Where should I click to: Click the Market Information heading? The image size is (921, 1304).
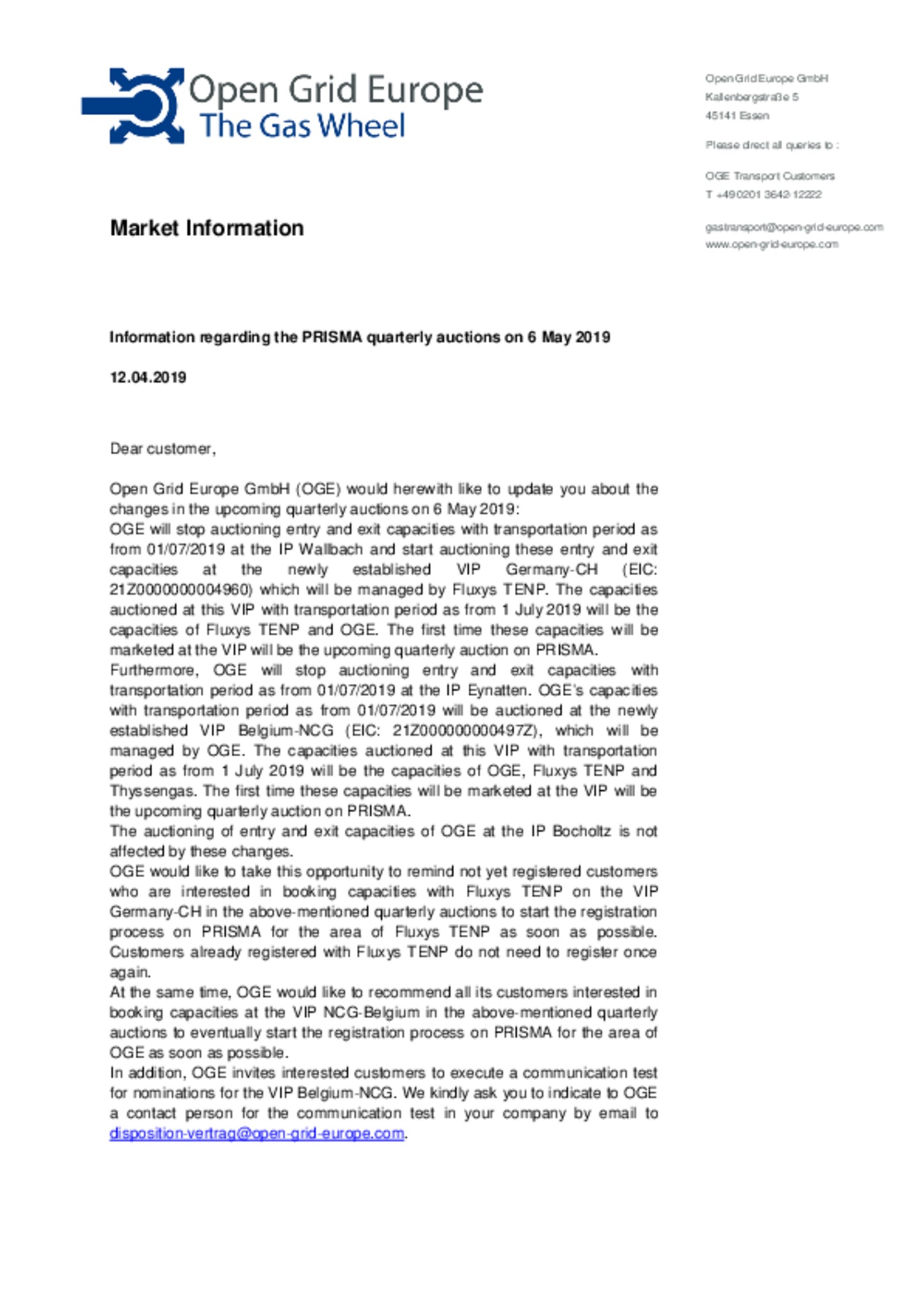click(207, 228)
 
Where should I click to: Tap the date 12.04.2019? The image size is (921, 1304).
click(148, 378)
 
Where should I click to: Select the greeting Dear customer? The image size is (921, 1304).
click(162, 449)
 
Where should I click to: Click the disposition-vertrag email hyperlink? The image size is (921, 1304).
click(256, 1133)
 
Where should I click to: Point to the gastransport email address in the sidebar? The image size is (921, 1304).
click(794, 227)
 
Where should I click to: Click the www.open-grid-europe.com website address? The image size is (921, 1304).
click(771, 244)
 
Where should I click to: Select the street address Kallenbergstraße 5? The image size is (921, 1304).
click(752, 97)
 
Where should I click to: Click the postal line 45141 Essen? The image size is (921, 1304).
click(737, 116)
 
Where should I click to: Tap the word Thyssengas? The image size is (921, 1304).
click(151, 791)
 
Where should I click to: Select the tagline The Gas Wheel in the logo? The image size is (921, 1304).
click(302, 126)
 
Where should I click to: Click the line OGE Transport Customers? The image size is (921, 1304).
click(769, 176)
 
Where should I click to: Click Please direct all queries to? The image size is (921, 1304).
click(771, 145)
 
